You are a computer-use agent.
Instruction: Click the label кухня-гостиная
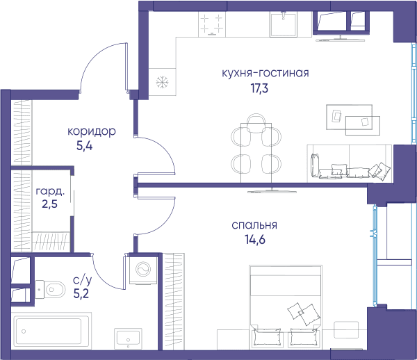(x=265, y=73)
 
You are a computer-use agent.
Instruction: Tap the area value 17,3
(x=260, y=88)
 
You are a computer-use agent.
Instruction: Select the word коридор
(x=92, y=131)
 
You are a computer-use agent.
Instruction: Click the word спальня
(x=254, y=225)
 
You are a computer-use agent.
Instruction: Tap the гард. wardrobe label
(x=50, y=191)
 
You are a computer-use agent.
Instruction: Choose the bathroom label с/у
(x=83, y=280)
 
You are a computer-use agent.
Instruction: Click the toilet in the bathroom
(x=50, y=289)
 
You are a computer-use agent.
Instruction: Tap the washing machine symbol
(x=143, y=270)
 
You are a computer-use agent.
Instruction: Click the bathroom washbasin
(x=128, y=338)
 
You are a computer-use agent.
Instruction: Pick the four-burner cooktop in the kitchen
(x=212, y=24)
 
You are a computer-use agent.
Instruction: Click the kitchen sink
(x=284, y=24)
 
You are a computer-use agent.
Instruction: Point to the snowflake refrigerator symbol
(x=162, y=82)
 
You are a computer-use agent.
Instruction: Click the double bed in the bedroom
(x=286, y=306)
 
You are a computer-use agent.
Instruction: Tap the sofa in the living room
(x=350, y=163)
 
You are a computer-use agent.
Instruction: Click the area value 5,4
(x=85, y=146)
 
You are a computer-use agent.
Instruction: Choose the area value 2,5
(x=50, y=204)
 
